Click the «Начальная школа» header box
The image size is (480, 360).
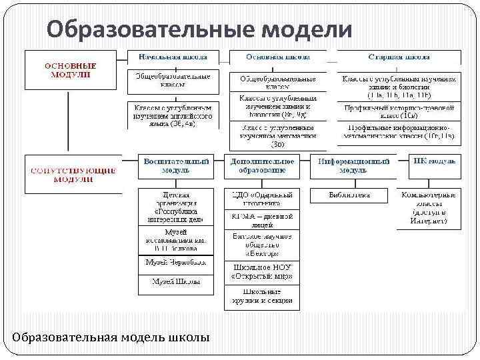172,58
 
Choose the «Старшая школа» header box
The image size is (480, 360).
398,58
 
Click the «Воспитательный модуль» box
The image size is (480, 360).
176,166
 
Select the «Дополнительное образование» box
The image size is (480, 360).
262,166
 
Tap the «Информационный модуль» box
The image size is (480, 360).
353,166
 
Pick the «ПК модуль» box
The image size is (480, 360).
434,162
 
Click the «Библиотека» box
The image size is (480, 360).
349,195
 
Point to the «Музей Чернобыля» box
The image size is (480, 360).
176,263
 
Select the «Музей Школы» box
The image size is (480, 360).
176,282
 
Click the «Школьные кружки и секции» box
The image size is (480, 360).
262,298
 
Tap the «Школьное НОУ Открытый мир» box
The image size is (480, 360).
262,271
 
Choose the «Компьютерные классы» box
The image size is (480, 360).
428,207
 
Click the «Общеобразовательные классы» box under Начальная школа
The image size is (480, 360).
173,81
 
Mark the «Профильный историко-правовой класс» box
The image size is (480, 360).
399,111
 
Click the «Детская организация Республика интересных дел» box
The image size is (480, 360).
176,207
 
